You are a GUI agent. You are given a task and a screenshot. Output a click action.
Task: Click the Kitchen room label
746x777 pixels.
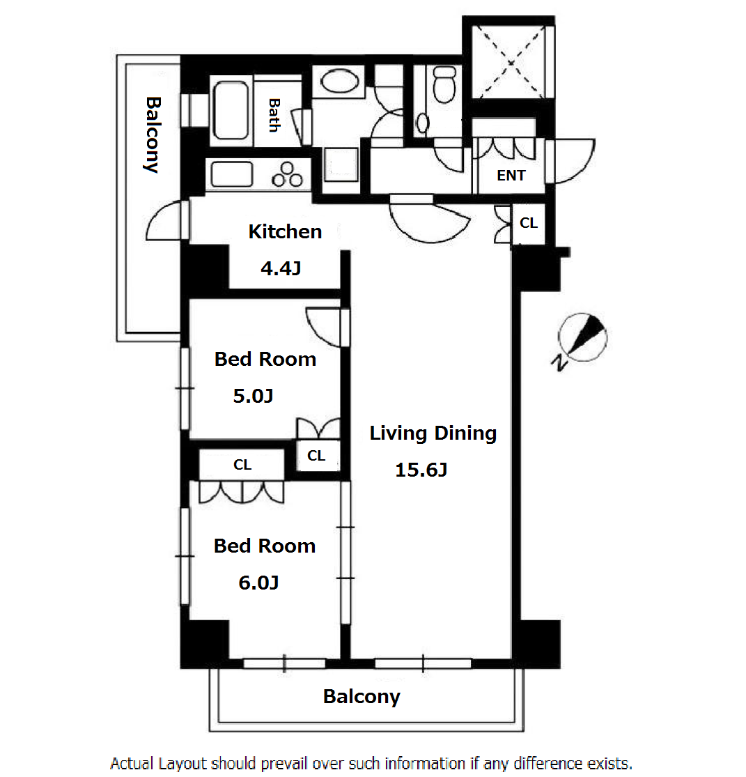285,231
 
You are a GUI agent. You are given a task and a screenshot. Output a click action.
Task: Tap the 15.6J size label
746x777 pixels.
421,470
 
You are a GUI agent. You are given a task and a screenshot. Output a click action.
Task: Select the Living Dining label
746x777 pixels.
433,433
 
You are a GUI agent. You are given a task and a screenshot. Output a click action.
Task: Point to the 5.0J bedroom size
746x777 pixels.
253,396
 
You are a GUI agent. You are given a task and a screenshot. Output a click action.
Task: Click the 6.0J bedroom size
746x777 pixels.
258,583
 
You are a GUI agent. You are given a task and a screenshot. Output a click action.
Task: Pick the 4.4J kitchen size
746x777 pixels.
281,268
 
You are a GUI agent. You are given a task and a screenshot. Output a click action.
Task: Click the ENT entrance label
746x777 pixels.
511,176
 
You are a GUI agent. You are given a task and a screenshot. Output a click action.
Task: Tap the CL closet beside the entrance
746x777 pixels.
529,223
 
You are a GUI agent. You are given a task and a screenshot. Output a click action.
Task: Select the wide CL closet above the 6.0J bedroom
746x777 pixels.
242,465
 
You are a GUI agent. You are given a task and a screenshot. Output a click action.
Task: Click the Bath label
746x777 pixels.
274,115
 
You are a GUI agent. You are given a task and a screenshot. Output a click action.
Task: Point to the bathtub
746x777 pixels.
231,111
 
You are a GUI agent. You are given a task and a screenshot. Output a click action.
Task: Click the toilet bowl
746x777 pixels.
444,85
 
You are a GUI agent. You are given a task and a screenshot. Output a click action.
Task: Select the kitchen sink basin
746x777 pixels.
231,174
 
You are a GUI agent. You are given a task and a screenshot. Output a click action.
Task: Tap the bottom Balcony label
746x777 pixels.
362,697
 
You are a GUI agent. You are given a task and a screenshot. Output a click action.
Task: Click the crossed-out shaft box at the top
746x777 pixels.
510,62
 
